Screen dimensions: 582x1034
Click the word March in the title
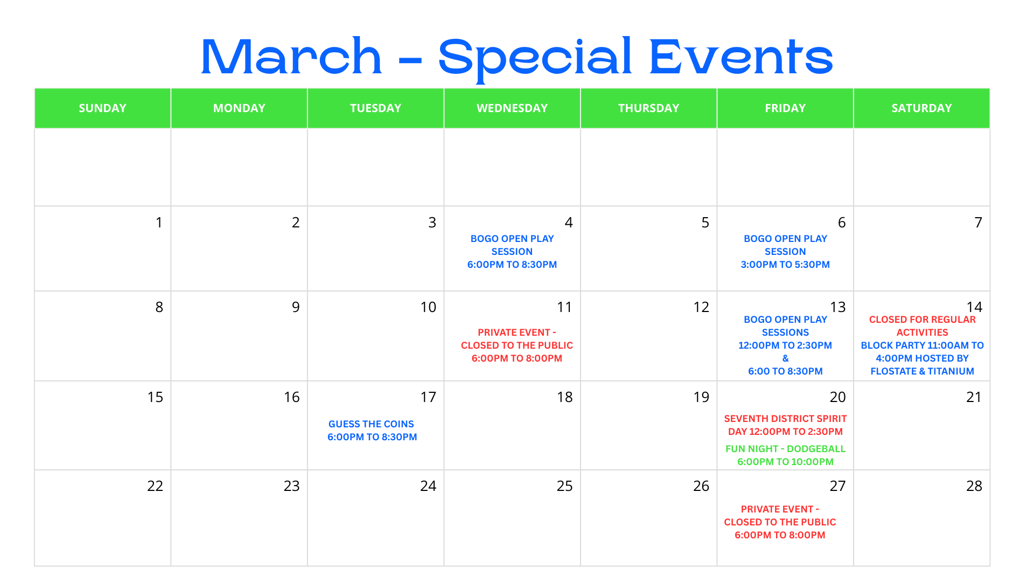(x=291, y=57)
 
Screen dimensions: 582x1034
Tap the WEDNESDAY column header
(x=512, y=108)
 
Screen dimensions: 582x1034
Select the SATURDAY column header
(x=921, y=108)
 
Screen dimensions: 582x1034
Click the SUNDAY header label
(x=102, y=108)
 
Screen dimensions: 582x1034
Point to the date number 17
(x=428, y=397)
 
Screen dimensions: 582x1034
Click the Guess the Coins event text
(x=372, y=430)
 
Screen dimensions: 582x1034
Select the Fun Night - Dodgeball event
(x=785, y=455)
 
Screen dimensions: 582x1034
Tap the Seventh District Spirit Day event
(x=785, y=425)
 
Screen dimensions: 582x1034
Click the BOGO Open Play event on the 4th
(x=512, y=252)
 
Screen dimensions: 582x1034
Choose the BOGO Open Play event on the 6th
(x=785, y=252)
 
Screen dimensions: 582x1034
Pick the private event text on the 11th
(x=516, y=345)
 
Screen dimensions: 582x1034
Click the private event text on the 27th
(x=780, y=522)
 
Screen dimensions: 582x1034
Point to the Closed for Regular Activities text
(x=922, y=326)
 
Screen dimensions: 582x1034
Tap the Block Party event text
(x=922, y=358)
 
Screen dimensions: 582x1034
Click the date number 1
(x=159, y=223)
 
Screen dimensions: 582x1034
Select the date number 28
(x=974, y=486)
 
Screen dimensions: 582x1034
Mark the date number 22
(x=155, y=486)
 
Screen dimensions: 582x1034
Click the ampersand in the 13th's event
(x=785, y=358)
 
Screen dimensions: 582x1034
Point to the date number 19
(x=701, y=397)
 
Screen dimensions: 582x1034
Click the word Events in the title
(x=741, y=57)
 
